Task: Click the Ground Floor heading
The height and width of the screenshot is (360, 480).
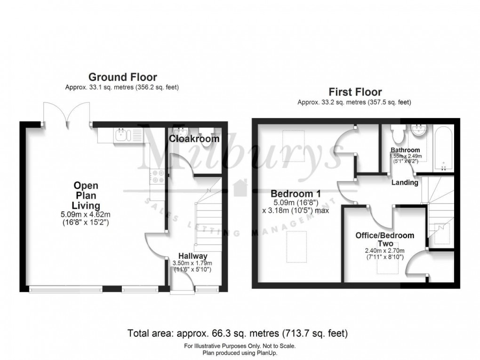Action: click(x=122, y=77)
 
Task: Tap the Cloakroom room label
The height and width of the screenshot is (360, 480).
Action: click(x=194, y=139)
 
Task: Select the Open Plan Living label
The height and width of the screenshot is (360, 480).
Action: click(x=86, y=195)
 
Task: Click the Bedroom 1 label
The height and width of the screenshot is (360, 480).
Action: click(x=292, y=194)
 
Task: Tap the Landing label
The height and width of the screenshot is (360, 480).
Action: click(x=405, y=183)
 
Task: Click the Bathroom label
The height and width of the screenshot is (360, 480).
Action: click(x=405, y=150)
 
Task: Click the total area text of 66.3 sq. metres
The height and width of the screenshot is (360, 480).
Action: click(x=238, y=334)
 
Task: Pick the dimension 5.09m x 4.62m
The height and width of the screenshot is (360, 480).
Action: click(x=86, y=215)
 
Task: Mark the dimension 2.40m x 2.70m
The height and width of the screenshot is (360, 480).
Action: click(x=384, y=250)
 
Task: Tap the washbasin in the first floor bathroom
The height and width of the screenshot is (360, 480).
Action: click(x=417, y=130)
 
